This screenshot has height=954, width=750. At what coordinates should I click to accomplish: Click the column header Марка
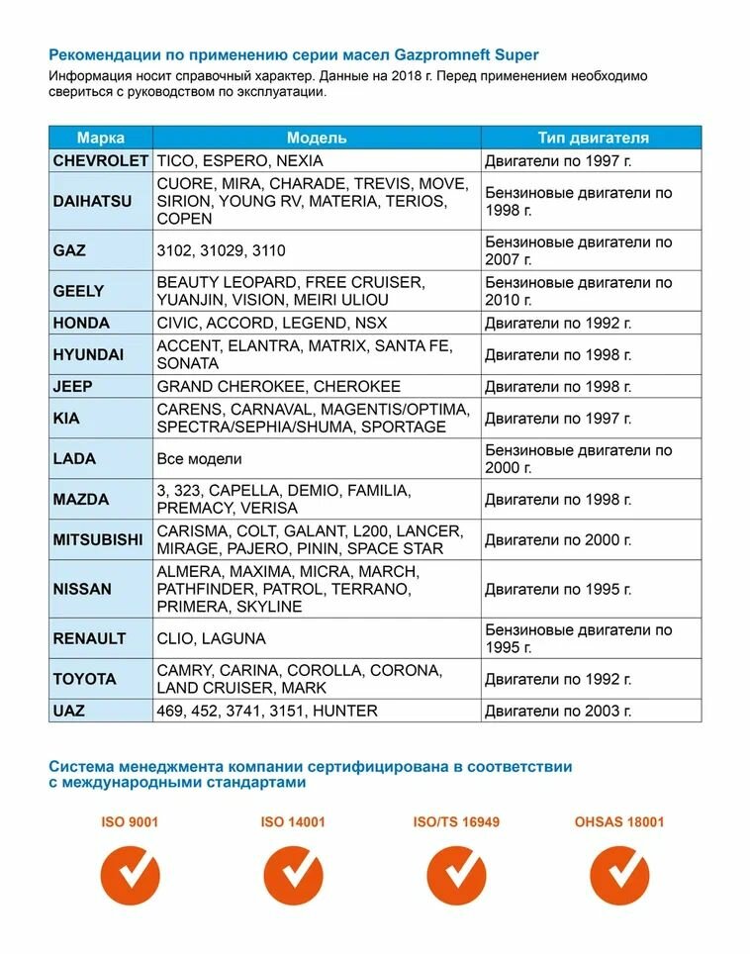(x=100, y=138)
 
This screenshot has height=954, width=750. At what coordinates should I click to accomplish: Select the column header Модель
(x=317, y=138)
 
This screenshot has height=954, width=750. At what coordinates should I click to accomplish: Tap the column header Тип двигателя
(x=592, y=138)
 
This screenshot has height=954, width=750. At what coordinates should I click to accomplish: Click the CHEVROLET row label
(x=100, y=160)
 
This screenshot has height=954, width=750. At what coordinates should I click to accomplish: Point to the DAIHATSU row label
(x=91, y=201)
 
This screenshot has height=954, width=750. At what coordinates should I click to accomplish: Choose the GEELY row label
(x=78, y=291)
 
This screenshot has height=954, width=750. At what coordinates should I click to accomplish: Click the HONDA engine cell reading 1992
(x=558, y=323)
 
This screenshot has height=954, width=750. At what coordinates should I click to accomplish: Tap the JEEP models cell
(x=279, y=386)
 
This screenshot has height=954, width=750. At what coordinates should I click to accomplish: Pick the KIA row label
(x=66, y=418)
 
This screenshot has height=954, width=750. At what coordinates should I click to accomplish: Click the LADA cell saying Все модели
(x=199, y=459)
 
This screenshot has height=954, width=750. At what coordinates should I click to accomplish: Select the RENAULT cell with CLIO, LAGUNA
(x=211, y=638)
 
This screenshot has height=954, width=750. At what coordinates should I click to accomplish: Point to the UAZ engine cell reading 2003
(x=558, y=711)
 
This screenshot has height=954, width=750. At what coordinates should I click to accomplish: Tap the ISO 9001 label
(x=130, y=821)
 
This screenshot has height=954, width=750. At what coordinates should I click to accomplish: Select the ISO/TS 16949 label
(x=456, y=821)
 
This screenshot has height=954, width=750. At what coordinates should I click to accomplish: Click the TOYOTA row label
(x=84, y=679)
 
